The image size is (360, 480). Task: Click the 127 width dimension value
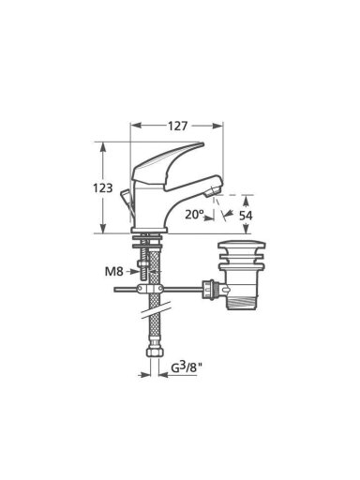177,126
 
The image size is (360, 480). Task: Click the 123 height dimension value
103,187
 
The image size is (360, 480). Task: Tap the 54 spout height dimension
246,216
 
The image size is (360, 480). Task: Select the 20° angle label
194,215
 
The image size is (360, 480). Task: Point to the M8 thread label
113,271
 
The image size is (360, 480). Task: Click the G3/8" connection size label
187,367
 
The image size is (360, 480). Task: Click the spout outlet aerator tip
212,191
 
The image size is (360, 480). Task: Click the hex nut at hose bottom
155,352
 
